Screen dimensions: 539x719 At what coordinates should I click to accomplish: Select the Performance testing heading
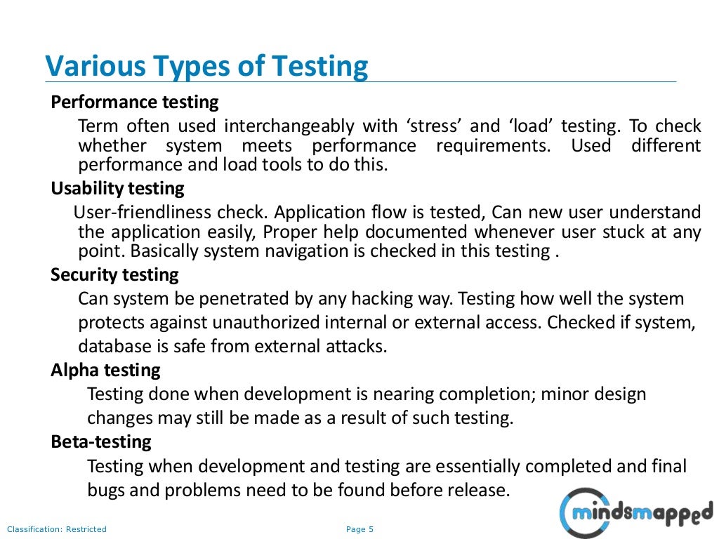click(x=135, y=102)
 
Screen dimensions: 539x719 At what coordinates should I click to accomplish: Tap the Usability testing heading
click(x=117, y=189)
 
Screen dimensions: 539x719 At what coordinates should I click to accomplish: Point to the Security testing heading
click(x=114, y=274)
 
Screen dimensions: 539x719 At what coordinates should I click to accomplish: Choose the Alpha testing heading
click(x=105, y=370)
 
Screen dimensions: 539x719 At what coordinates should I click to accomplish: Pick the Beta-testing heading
click(x=101, y=442)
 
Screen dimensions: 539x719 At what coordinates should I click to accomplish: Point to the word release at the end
click(x=481, y=490)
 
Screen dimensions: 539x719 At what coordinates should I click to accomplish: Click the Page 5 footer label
click(x=360, y=529)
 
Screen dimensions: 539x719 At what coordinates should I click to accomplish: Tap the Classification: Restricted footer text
click(x=57, y=529)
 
